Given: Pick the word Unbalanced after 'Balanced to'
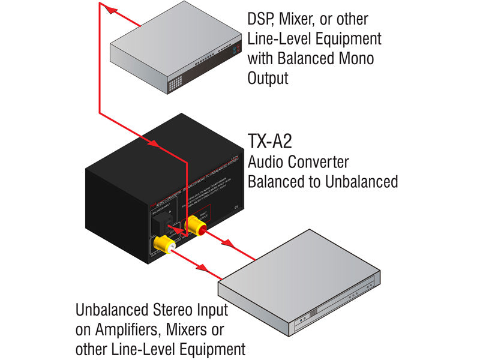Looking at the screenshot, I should coord(359,181).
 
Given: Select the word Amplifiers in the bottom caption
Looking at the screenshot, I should coord(130,329).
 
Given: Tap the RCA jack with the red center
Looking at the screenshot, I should coord(196,226).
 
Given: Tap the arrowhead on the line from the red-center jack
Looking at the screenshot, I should coord(228,244).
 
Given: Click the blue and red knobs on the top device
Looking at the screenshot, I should coord(232,52).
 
